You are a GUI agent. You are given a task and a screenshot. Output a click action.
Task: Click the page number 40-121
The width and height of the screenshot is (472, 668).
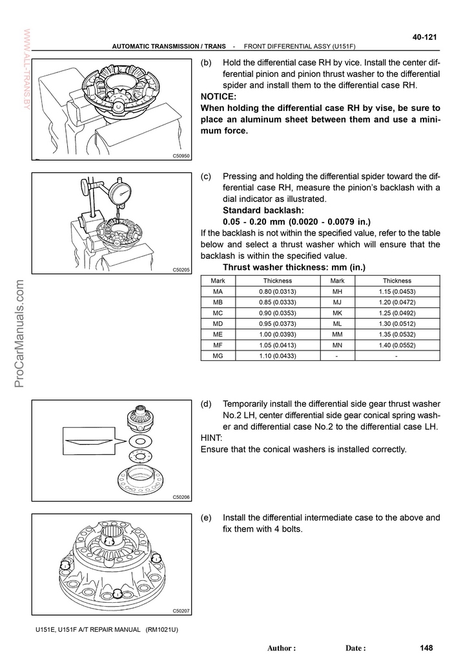[425, 37]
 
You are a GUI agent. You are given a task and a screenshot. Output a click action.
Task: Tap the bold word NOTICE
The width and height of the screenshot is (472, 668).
[218, 97]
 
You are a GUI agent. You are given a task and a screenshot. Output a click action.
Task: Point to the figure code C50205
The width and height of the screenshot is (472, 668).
[181, 270]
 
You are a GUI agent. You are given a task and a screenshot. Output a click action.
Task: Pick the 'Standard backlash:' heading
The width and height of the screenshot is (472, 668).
[262, 210]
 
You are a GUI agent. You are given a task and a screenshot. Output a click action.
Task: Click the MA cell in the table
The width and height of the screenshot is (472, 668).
[218, 292]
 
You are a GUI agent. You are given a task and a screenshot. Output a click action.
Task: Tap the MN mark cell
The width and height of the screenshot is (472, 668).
[337, 345]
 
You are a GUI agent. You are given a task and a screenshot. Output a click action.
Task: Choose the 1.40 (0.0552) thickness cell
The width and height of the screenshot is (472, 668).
[396, 345]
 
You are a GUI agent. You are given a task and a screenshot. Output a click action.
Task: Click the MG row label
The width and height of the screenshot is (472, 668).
[218, 355]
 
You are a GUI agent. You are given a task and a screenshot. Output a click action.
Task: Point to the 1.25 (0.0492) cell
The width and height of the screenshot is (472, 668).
[396, 313]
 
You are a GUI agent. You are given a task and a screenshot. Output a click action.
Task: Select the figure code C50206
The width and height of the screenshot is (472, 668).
[181, 497]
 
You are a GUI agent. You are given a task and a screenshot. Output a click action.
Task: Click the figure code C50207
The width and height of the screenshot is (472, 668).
[181, 611]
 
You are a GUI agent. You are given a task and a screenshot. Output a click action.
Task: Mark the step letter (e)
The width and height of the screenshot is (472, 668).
[207, 518]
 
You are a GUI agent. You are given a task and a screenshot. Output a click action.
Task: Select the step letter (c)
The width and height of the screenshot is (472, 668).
[207, 176]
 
